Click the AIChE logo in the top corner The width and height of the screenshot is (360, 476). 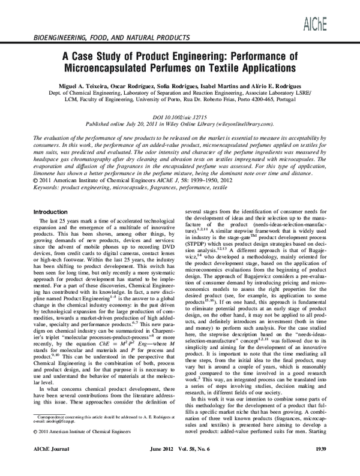click(x=334, y=14)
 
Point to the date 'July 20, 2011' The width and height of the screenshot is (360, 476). click(x=137, y=123)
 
